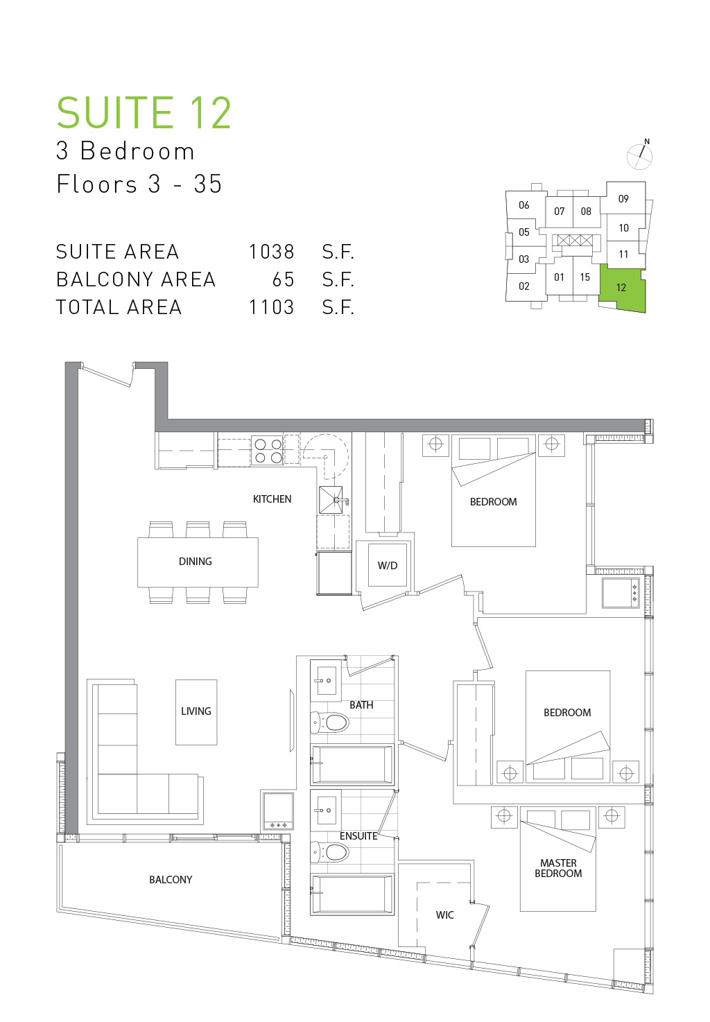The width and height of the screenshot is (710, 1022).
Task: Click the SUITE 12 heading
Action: [x=144, y=113]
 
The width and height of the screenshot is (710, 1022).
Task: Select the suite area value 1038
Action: [x=271, y=252]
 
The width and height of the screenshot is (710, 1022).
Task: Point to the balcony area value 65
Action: [x=283, y=279]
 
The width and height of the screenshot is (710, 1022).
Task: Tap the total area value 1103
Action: [x=271, y=308]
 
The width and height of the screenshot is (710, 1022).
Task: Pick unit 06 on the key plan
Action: [x=523, y=205]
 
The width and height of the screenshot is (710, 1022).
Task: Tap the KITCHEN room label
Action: [x=272, y=499]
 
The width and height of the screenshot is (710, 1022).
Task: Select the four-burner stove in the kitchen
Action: [x=268, y=451]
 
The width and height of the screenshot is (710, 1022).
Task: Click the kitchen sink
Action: [x=331, y=500]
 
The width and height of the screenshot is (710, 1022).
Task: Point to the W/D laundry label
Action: [x=388, y=566]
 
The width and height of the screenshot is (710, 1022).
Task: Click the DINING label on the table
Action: [x=196, y=562]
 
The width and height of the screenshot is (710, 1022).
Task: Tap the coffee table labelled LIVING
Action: [x=196, y=712]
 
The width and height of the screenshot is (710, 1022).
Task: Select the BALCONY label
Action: [x=171, y=880]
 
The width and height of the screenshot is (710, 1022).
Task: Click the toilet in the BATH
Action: [x=329, y=722]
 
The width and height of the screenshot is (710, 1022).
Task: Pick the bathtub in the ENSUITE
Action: [x=352, y=894]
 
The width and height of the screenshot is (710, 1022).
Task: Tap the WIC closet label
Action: [x=445, y=915]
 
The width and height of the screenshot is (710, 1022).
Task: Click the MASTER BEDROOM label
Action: [x=558, y=868]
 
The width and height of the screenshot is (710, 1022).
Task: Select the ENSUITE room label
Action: [x=358, y=836]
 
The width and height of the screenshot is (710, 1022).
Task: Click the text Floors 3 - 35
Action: [x=139, y=184]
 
